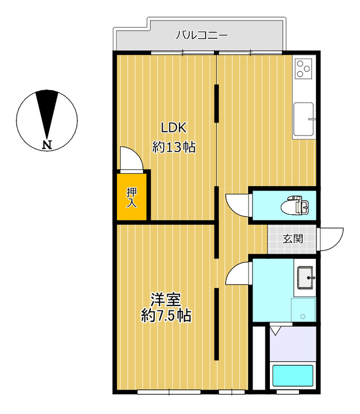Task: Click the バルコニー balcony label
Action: [x=202, y=35]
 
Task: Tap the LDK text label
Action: [x=174, y=128]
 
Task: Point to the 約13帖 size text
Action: [x=174, y=147]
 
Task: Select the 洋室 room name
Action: [x=166, y=300]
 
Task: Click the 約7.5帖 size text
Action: [x=166, y=315]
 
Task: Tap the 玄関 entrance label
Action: [x=293, y=239]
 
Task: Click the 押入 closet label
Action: [x=132, y=198]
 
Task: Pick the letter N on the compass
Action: [x=47, y=145]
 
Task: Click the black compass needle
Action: [x=47, y=114]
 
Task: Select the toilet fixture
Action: [x=295, y=205]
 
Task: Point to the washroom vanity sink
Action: [x=306, y=277]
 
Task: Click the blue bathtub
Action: [x=293, y=376]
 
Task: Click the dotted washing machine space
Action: [x=304, y=310]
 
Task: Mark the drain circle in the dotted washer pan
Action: [x=303, y=317]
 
